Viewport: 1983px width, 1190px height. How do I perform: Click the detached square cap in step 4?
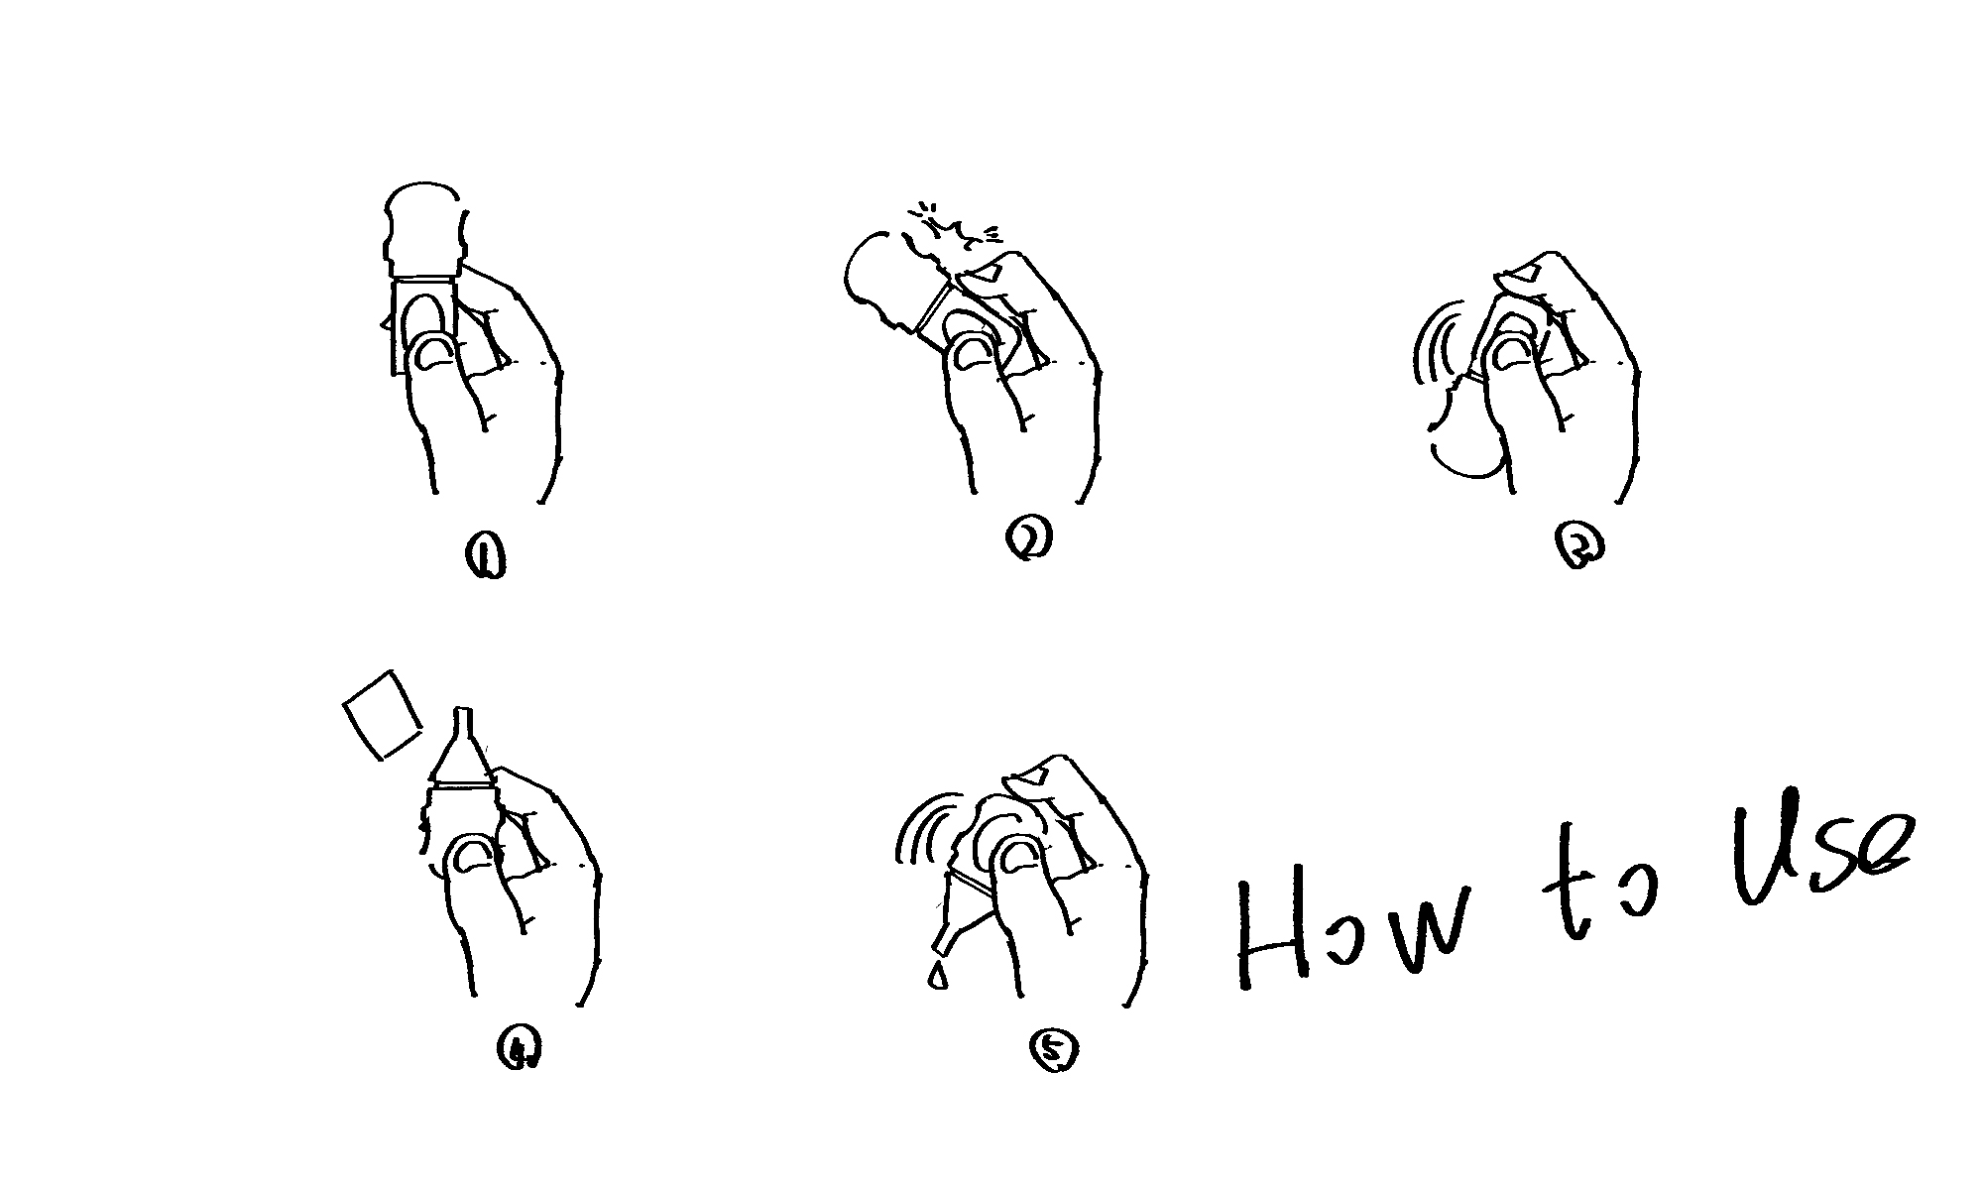click(x=382, y=715)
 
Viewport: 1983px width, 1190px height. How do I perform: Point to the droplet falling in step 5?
click(x=936, y=976)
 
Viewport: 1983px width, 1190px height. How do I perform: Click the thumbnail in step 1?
click(x=435, y=353)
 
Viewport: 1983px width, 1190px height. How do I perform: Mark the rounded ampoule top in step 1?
click(x=423, y=229)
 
